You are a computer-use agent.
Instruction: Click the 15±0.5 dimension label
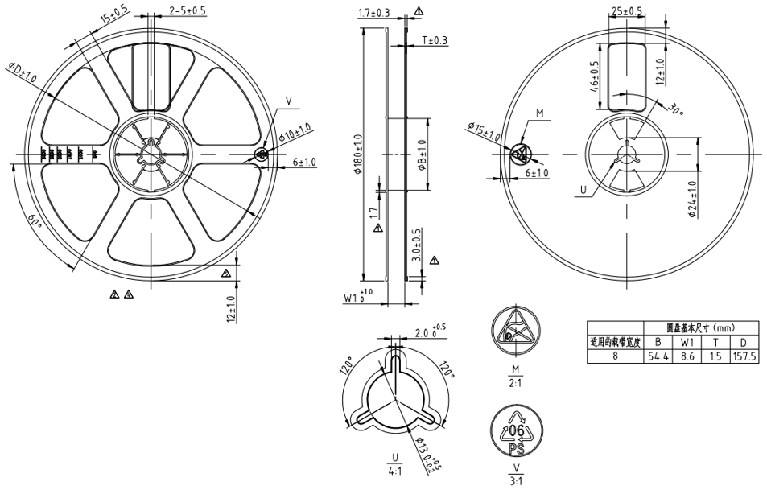tap(113, 16)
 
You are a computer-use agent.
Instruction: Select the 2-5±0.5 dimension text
tap(188, 10)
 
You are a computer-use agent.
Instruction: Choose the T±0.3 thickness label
tap(434, 41)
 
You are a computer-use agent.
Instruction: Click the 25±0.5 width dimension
tap(628, 11)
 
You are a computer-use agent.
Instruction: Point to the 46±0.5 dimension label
tap(595, 76)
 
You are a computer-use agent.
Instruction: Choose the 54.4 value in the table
tap(659, 356)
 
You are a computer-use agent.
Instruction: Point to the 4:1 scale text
tap(394, 469)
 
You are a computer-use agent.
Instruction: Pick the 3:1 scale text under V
tap(514, 481)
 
